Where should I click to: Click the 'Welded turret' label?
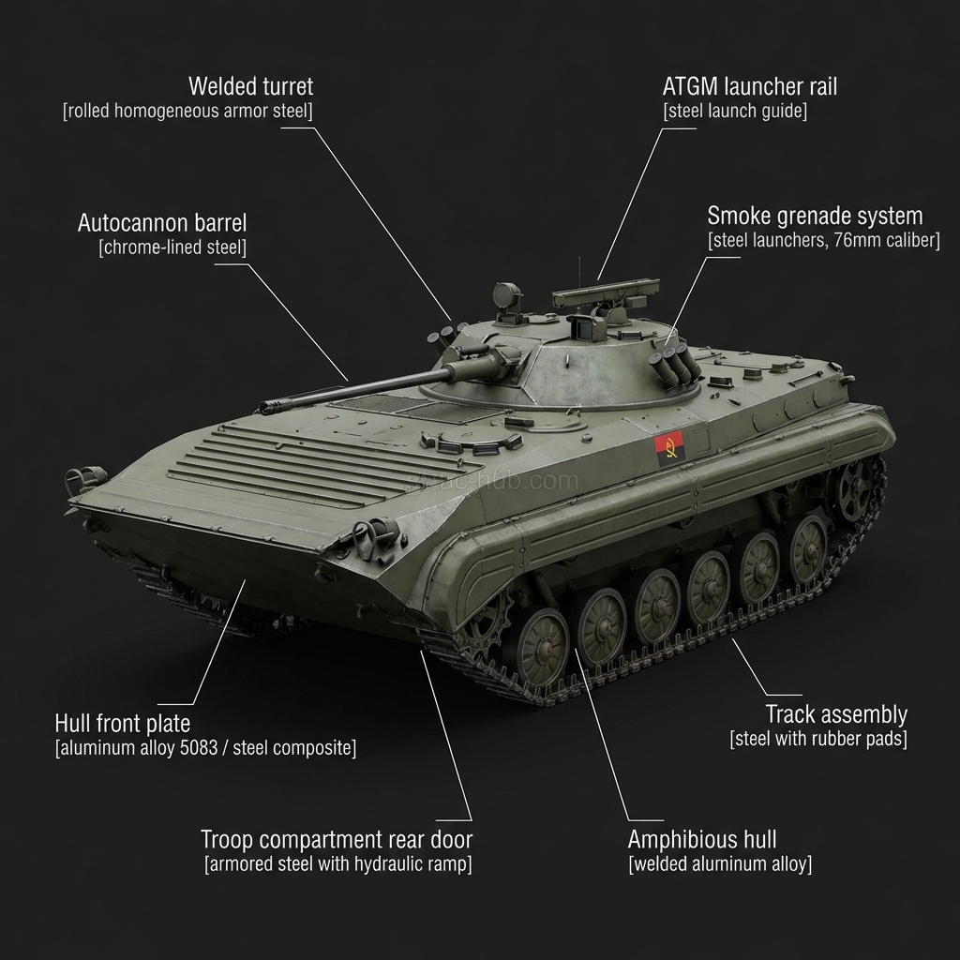click(250, 87)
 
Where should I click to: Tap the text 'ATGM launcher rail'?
click(749, 87)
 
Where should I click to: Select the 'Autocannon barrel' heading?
click(162, 223)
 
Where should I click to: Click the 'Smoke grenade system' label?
click(815, 217)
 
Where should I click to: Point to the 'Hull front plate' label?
click(122, 724)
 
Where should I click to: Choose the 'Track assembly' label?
click(836, 714)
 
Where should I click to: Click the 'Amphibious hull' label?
click(701, 839)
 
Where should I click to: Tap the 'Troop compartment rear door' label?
click(337, 839)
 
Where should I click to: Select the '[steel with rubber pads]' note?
click(818, 739)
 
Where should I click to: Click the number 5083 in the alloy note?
click(203, 748)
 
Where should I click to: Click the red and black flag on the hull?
click(669, 448)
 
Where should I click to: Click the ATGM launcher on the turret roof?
click(601, 298)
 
